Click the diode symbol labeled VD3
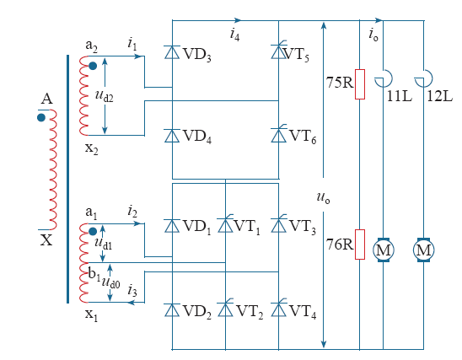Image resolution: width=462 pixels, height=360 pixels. (x=172, y=52)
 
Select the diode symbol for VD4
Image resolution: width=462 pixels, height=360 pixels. (x=172, y=136)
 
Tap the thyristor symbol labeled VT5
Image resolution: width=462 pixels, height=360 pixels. (x=279, y=51)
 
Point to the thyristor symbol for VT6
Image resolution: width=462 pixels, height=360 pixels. (x=279, y=135)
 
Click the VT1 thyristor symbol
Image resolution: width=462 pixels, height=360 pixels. (x=225, y=225)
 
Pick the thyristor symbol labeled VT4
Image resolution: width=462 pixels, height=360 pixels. (x=279, y=309)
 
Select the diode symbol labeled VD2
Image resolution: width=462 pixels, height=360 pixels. (x=172, y=310)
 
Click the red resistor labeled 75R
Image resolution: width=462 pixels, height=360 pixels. (x=360, y=84)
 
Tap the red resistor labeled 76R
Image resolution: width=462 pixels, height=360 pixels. (x=360, y=244)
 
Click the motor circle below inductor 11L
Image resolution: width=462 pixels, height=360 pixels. (x=383, y=250)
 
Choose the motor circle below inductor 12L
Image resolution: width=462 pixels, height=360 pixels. (x=423, y=250)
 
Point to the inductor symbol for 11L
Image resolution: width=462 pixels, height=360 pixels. (x=384, y=78)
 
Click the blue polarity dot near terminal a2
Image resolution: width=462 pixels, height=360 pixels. (x=93, y=66)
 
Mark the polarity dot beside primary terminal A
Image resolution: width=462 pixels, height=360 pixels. (x=41, y=118)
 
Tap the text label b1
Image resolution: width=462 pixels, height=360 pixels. (x=94, y=274)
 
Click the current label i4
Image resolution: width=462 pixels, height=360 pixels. (x=235, y=35)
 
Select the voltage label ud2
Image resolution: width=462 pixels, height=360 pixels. (x=105, y=95)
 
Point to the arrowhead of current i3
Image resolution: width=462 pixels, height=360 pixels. (x=131, y=303)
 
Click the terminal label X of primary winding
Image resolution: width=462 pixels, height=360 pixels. (x=46, y=240)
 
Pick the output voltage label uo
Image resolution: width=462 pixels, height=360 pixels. (x=323, y=197)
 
